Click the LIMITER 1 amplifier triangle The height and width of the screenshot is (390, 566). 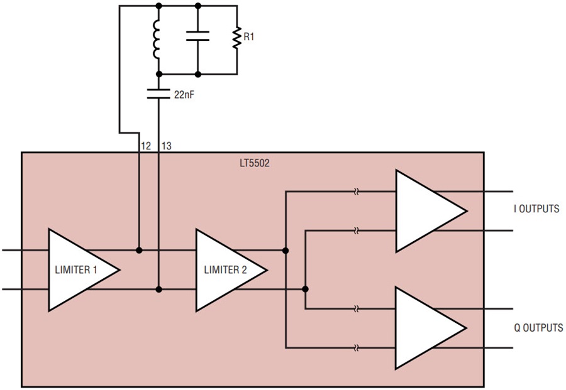click(x=79, y=269)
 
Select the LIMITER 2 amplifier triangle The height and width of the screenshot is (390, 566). click(x=226, y=269)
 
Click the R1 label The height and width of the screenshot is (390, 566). click(x=249, y=38)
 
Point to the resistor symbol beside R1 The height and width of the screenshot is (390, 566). click(x=237, y=39)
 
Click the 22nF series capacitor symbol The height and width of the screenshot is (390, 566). click(x=158, y=94)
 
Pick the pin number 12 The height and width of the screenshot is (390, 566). click(x=146, y=146)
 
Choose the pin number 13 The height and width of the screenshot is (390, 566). click(x=167, y=146)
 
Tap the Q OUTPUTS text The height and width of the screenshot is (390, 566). click(x=535, y=328)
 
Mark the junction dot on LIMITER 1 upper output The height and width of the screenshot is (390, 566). click(x=138, y=250)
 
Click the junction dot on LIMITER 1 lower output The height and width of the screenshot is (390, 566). click(x=158, y=290)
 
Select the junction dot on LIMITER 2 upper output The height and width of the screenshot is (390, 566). click(x=286, y=250)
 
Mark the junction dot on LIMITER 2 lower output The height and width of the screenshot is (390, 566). click(x=306, y=290)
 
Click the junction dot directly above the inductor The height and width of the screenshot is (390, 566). click(x=158, y=6)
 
